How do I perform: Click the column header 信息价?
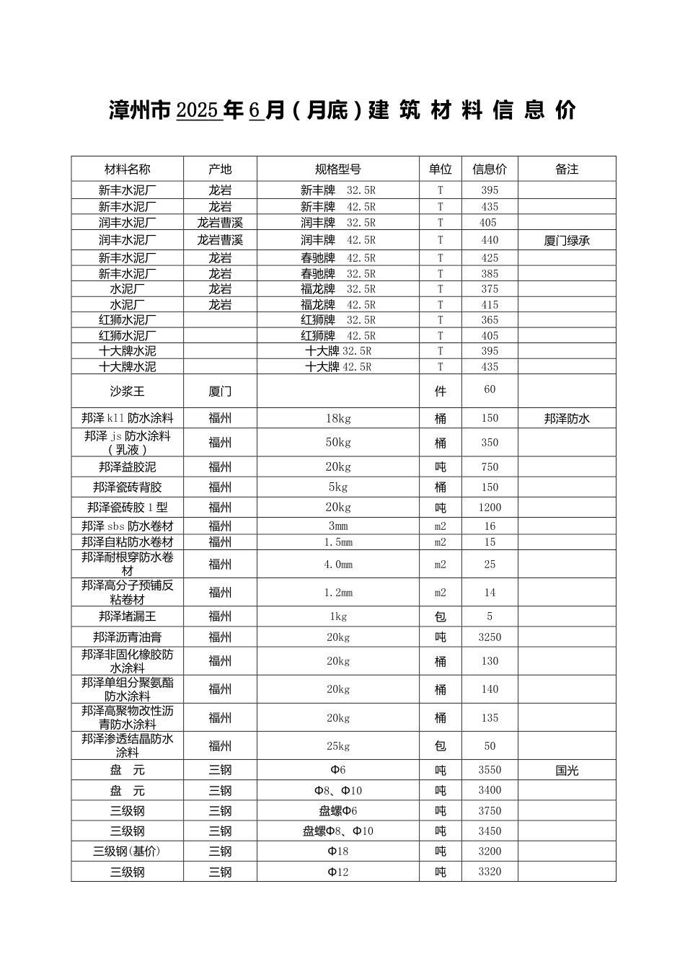click(490, 169)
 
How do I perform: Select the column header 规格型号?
click(338, 169)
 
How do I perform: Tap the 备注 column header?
click(567, 169)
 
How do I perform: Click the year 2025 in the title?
click(197, 110)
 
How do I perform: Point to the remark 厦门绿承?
click(567, 240)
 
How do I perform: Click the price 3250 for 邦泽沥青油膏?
click(490, 637)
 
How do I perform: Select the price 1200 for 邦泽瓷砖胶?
click(490, 508)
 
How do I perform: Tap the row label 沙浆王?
click(128, 391)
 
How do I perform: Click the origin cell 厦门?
click(220, 391)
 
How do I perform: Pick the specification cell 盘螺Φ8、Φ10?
click(338, 831)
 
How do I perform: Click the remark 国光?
click(567, 770)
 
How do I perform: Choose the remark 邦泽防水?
click(567, 418)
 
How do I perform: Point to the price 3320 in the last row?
click(490, 872)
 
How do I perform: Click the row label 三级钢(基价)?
click(128, 851)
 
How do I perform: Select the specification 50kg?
click(338, 443)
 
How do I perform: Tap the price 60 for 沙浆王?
click(490, 389)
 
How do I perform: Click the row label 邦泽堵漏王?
click(128, 616)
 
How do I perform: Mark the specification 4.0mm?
click(338, 565)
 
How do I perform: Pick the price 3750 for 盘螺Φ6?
click(490, 811)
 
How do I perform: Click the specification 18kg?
click(338, 418)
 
